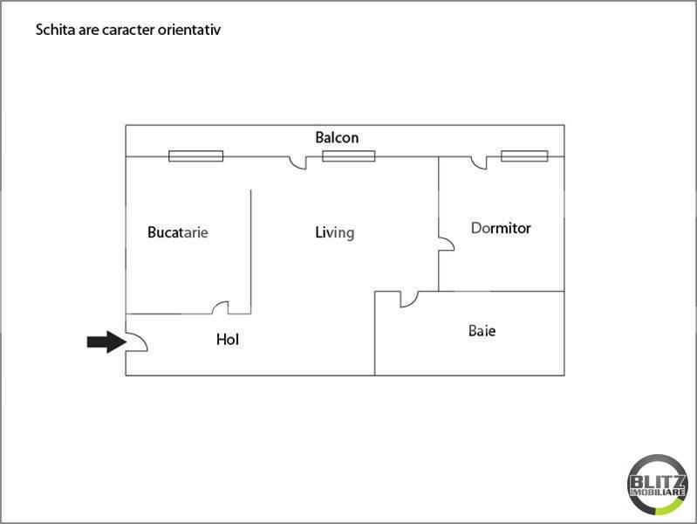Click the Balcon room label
(337, 138)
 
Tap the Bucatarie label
(178, 232)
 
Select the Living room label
(335, 232)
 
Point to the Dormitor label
(501, 228)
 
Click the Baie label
(482, 330)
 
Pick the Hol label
(228, 339)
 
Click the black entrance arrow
(106, 342)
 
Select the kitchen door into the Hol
(220, 307)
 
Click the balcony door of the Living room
(297, 163)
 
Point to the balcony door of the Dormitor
(479, 163)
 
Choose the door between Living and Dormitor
(447, 244)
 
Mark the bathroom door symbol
(409, 300)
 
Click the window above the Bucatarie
(196, 155)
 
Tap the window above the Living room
(349, 155)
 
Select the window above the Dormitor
(524, 155)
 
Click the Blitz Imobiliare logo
(658, 485)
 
